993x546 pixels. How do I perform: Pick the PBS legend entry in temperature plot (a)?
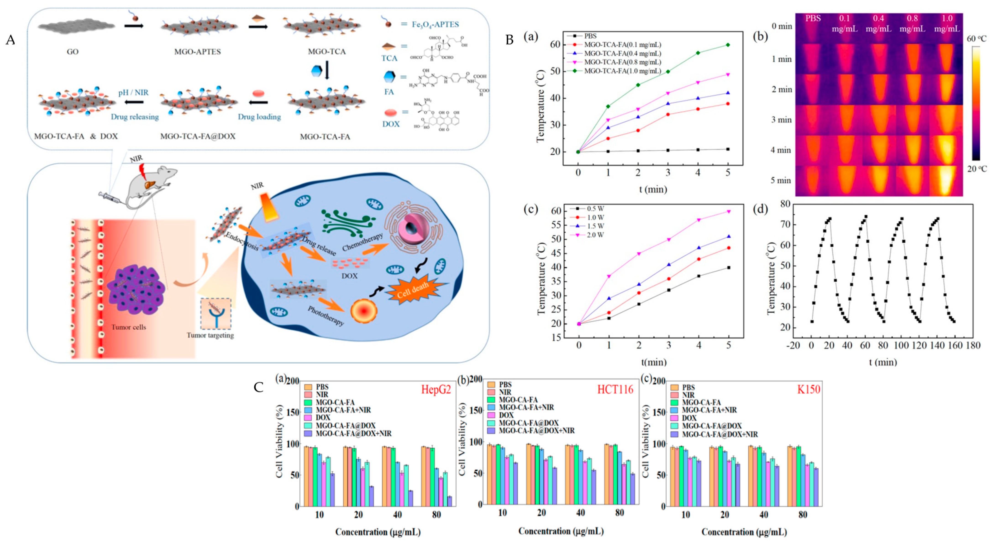(x=590, y=36)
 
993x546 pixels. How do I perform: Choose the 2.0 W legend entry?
(x=595, y=235)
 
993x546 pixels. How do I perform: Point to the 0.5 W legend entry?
(x=595, y=209)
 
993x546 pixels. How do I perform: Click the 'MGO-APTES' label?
(x=197, y=52)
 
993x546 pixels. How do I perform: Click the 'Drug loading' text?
(x=259, y=117)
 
